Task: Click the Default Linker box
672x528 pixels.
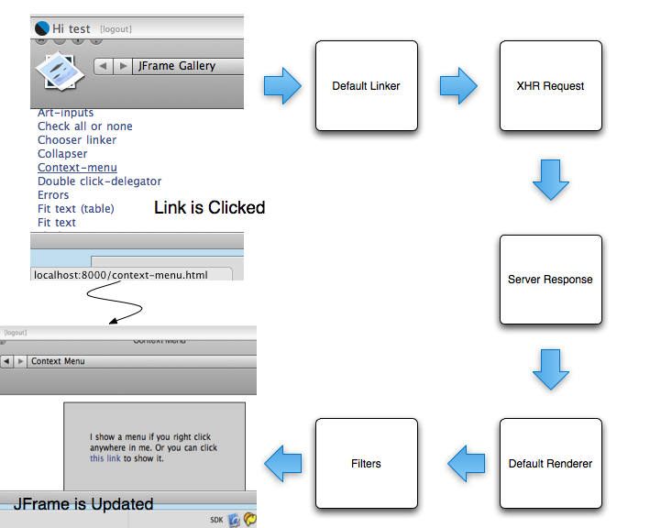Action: tap(366, 85)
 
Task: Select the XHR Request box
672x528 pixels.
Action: tap(550, 85)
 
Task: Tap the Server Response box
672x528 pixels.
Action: tap(550, 279)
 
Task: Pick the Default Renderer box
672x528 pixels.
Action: tap(550, 463)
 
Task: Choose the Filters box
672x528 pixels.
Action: tap(366, 463)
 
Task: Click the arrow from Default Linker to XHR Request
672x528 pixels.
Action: tap(458, 86)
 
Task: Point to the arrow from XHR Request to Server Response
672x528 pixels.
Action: tap(551, 180)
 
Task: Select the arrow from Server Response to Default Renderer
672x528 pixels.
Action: tap(551, 369)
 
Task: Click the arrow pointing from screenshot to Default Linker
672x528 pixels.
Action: tap(282, 86)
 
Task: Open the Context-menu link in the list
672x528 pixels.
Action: tap(77, 168)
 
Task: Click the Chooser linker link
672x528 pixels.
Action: tap(77, 140)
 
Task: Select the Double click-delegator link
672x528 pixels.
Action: tap(99, 181)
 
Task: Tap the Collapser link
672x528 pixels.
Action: tap(62, 154)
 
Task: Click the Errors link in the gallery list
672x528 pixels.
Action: tap(53, 195)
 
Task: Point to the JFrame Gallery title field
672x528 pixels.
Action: tap(189, 66)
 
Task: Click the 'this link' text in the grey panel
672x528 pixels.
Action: tap(105, 458)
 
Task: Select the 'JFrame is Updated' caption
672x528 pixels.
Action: tap(83, 503)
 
